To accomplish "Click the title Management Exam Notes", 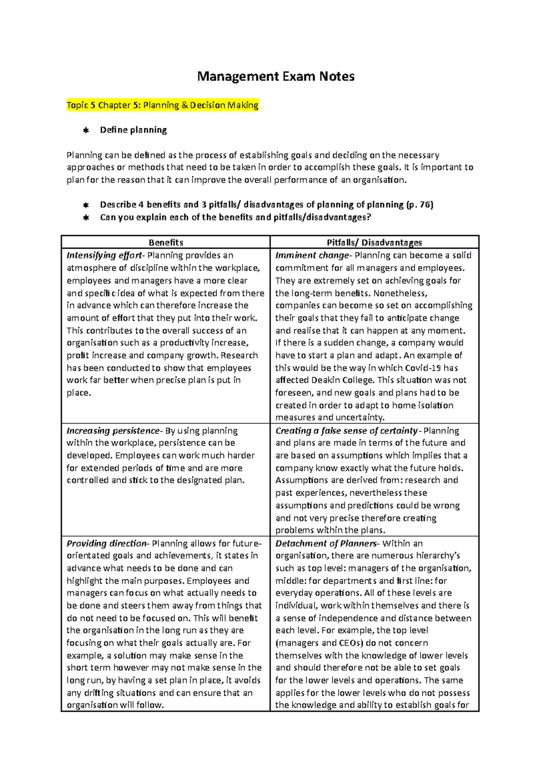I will pos(275,76).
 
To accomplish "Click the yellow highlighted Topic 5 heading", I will pos(163,105).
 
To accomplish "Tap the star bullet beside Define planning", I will pos(85,130).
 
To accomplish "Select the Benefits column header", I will pos(166,243).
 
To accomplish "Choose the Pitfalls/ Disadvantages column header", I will pos(374,243).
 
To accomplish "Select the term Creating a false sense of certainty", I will pos(346,431).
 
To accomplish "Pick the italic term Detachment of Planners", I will pos(326,543).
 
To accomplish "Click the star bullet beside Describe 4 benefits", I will pos(85,205).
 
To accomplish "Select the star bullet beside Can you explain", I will pos(85,218).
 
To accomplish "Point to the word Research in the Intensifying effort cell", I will pos(239,356).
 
